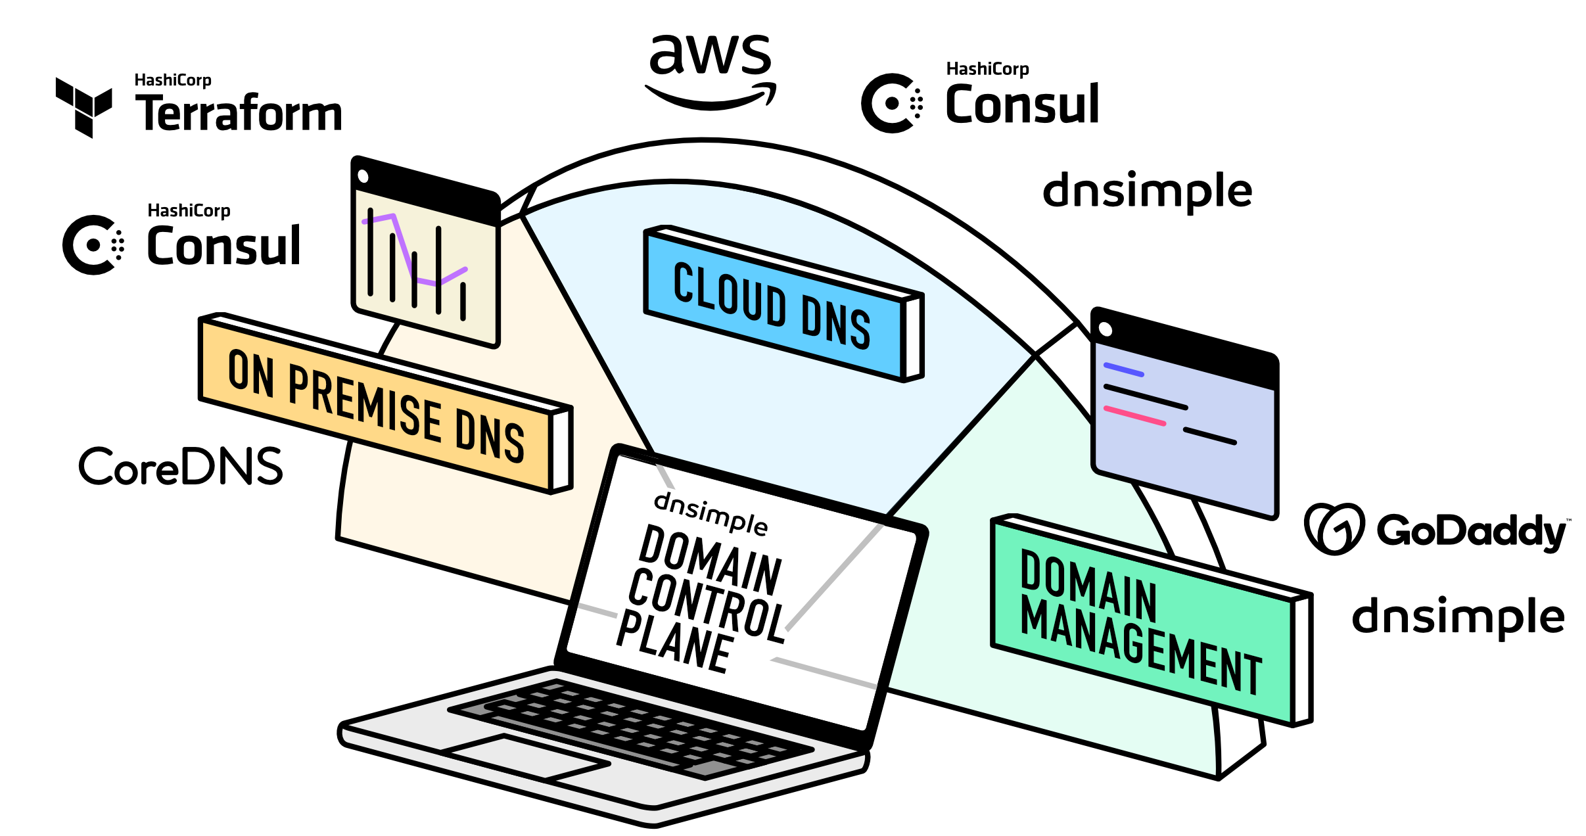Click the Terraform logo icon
(x=83, y=107)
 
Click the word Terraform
(x=239, y=113)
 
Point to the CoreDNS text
(x=181, y=466)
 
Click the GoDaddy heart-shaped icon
(x=1334, y=528)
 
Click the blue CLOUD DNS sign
(x=783, y=303)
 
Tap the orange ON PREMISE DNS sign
(x=385, y=403)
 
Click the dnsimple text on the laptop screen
(x=711, y=513)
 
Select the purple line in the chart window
(x=414, y=250)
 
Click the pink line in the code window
(x=1134, y=415)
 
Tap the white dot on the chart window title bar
(x=363, y=176)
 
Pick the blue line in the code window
(x=1124, y=369)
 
